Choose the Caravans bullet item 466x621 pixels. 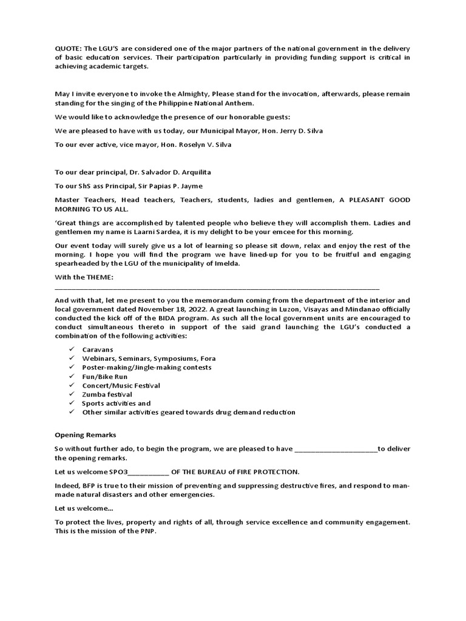pos(98,350)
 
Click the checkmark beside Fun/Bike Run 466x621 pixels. pos(72,377)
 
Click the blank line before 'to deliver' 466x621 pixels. pos(335,449)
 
